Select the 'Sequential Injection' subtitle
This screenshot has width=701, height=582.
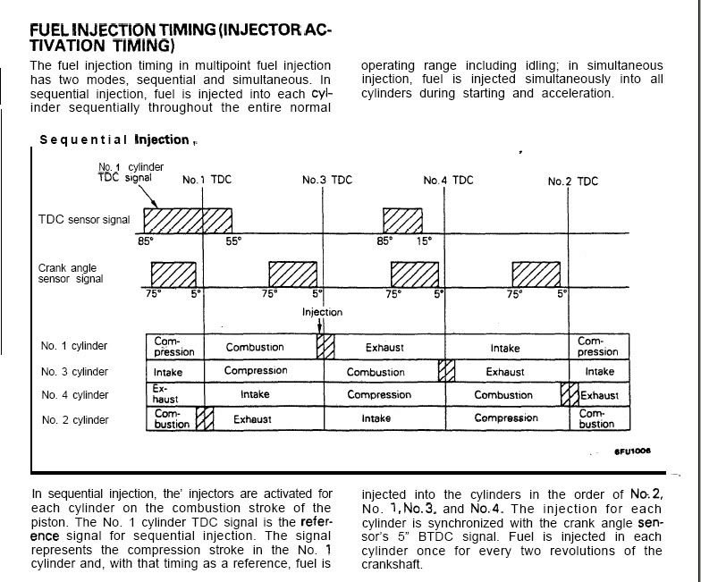coord(114,139)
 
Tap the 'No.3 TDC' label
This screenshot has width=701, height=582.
coord(327,180)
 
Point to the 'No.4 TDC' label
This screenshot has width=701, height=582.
coord(448,180)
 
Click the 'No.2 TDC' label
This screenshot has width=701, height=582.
coord(572,181)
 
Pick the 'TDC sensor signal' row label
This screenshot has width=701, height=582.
coord(84,220)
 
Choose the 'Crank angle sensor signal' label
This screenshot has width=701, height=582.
coord(71,273)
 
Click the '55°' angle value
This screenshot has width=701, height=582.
coord(233,241)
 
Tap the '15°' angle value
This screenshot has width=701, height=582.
coord(424,241)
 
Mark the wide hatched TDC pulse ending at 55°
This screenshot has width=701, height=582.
coord(188,221)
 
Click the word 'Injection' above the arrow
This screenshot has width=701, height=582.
coord(322,312)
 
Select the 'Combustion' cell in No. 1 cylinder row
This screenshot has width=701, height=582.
coord(255,347)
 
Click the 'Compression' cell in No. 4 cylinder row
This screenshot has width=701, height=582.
coord(379,394)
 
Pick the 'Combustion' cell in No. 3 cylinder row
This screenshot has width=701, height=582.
coord(376,371)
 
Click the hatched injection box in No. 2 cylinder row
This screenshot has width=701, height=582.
coord(205,418)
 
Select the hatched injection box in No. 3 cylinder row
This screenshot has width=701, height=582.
coord(447,370)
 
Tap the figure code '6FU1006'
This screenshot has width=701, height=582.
coord(632,451)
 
